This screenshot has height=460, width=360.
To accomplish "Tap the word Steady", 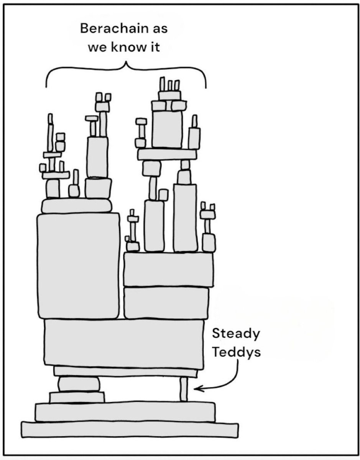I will click(x=235, y=333).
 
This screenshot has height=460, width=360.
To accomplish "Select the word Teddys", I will click(x=236, y=352).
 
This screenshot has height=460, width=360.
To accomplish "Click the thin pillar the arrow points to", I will click(x=184, y=389).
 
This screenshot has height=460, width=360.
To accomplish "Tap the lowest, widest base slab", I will click(x=130, y=429).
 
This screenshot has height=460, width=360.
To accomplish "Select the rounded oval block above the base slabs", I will click(x=79, y=384).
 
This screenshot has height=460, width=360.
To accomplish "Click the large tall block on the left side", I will click(x=78, y=266).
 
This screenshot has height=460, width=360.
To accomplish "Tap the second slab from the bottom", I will click(x=125, y=411).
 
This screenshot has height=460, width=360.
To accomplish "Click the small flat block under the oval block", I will click(x=77, y=397).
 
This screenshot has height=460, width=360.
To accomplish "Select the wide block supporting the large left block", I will click(x=123, y=342).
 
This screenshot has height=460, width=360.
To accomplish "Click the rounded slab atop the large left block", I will click(x=77, y=206).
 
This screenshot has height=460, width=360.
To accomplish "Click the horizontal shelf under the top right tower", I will click(x=167, y=154).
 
